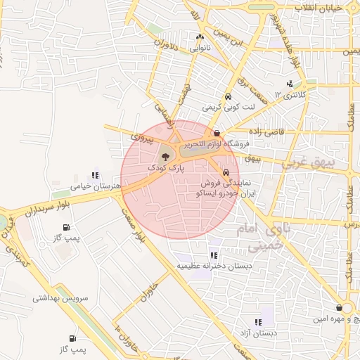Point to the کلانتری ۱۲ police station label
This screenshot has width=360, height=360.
pyautogui.click(x=288, y=94)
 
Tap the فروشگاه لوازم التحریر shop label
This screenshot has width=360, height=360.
pyautogui.click(x=216, y=143)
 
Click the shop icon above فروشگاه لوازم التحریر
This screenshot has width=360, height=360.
pyautogui.click(x=217, y=133)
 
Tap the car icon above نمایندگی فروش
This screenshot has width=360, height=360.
pyautogui.click(x=225, y=172)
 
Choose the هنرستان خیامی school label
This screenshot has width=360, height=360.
pyautogui.click(x=96, y=186)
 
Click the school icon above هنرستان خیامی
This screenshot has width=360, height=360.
pyautogui.click(x=96, y=176)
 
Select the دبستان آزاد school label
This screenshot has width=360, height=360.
pyautogui.click(x=259, y=332)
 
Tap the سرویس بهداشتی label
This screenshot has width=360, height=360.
pyautogui.click(x=60, y=298)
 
